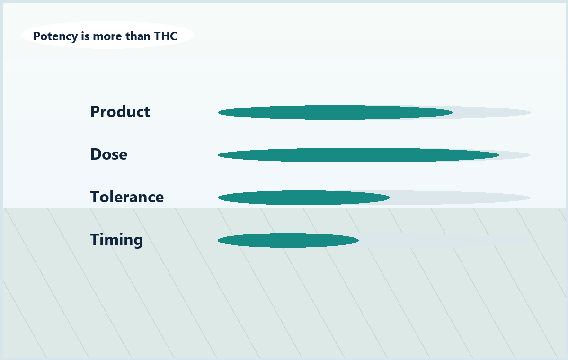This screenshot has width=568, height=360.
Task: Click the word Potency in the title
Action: point(55,36)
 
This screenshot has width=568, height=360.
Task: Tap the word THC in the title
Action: point(165,36)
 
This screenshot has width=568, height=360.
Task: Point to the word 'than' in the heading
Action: point(138,36)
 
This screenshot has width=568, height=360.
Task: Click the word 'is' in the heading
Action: point(85,36)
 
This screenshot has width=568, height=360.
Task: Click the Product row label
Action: point(120,111)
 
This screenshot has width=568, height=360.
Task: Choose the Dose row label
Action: point(109,154)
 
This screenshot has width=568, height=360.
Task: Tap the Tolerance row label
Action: point(127,197)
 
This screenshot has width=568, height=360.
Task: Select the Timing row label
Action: point(116,240)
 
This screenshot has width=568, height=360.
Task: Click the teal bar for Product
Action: point(335,112)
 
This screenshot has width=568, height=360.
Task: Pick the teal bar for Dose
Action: point(358,155)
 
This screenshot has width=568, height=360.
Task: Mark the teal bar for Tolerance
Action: point(304,198)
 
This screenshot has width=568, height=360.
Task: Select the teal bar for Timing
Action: point(288,240)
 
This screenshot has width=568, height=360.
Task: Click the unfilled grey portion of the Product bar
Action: point(491,112)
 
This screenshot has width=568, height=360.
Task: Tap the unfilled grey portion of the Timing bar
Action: point(444,240)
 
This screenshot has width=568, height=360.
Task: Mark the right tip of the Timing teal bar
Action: point(359,240)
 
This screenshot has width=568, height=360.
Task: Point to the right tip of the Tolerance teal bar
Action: point(390,198)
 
